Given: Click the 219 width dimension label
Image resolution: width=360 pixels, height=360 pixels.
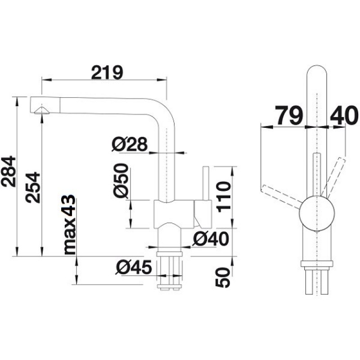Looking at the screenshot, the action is pos(107,72).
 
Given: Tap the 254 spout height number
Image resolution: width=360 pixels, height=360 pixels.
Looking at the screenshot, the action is pos(32,188).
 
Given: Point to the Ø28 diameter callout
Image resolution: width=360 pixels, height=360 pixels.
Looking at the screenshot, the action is pos(130,144).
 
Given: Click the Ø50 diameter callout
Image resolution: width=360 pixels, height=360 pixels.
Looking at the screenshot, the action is pos(121,180).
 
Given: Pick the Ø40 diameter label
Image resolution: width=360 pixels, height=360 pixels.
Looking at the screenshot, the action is pos(211,239).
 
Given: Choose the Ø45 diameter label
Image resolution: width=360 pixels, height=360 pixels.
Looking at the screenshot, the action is pos(134,267).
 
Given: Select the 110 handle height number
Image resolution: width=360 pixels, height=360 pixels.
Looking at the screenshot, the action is pos(224,197).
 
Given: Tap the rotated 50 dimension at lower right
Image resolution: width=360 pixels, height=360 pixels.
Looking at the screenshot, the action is pos(223,278).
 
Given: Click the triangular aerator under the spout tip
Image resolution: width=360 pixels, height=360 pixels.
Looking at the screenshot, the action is pos(41,110).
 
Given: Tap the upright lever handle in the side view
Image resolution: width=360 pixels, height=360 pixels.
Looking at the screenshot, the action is pos(206,183).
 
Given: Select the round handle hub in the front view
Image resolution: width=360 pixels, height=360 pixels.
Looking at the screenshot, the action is pos(317,213).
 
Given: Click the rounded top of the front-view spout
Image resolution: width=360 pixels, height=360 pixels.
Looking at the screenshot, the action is pos(317,66).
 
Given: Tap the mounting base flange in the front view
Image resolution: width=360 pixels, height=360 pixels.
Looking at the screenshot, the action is pos(317,264).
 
